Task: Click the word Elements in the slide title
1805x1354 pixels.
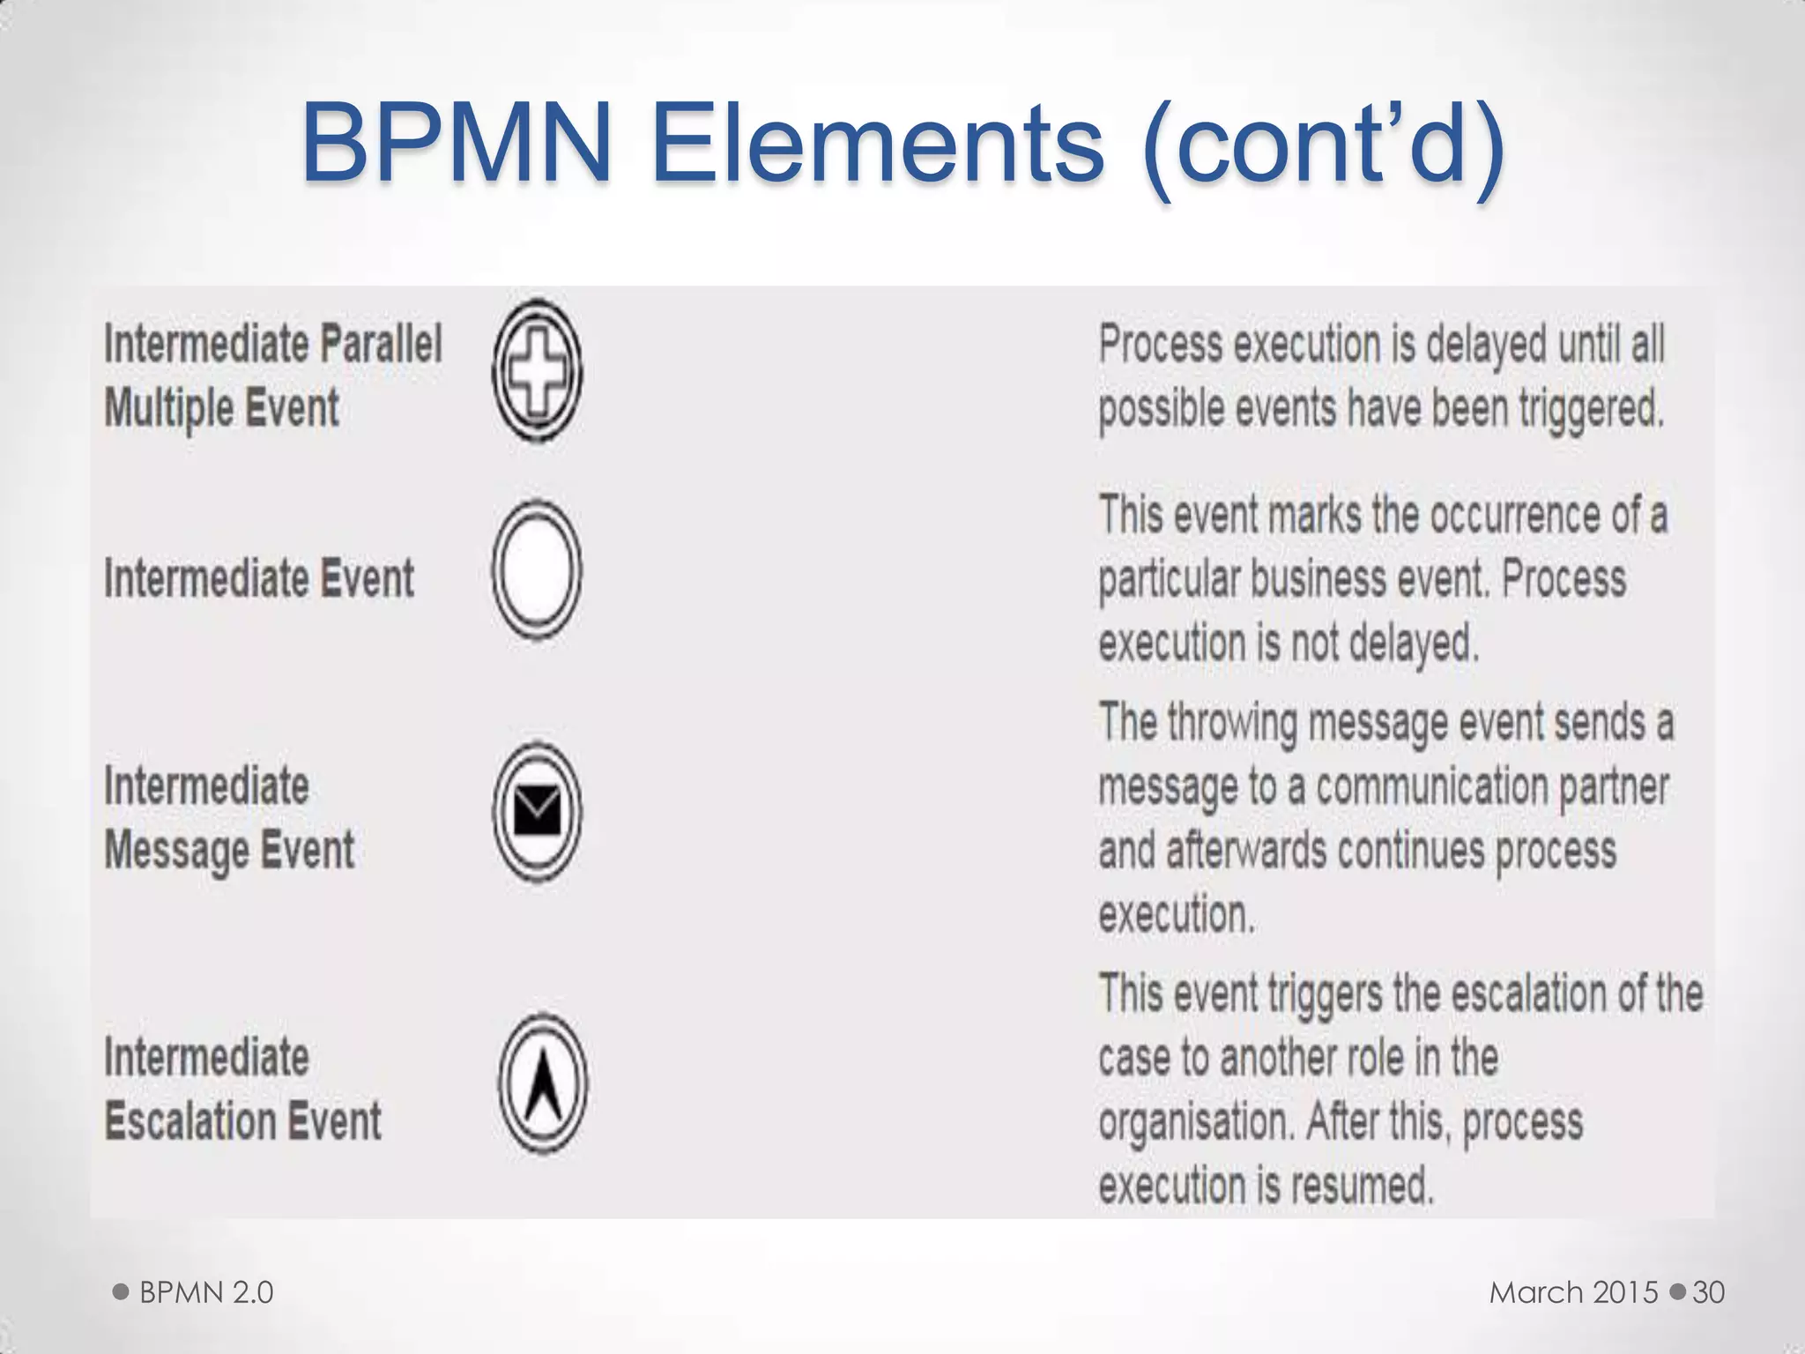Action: (x=877, y=143)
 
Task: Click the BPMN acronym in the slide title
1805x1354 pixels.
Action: (x=457, y=143)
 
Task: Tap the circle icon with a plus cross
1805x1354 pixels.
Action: (x=537, y=371)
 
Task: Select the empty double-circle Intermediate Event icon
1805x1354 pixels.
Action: (x=537, y=569)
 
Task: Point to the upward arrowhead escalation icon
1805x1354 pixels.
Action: (x=543, y=1084)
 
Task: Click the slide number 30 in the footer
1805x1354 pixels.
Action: (x=1708, y=1292)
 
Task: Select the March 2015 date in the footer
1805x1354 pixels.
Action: (x=1574, y=1292)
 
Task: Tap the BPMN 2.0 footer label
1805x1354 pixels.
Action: (x=206, y=1292)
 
